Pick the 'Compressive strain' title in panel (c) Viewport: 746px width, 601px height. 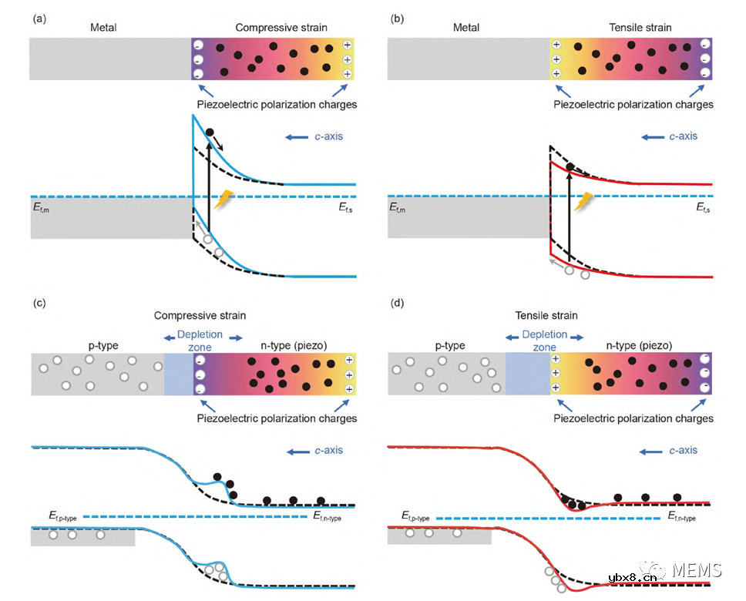point(200,316)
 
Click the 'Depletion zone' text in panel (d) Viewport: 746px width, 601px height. point(544,341)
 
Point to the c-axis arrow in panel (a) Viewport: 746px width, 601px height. point(297,137)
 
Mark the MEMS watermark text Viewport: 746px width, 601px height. point(696,571)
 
